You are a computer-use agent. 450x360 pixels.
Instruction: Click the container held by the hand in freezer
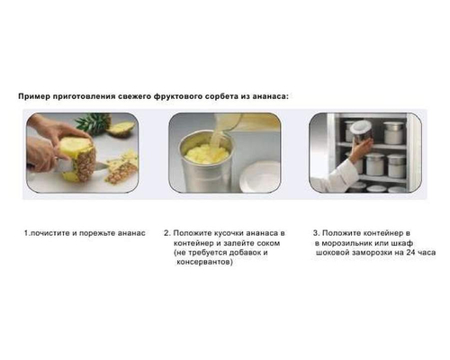(359, 131)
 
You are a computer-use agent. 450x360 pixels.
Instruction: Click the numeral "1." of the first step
(27, 233)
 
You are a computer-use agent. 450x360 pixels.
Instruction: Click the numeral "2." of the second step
(166, 233)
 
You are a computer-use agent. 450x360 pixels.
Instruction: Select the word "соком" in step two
(267, 243)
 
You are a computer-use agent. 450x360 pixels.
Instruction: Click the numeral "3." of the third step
(316, 233)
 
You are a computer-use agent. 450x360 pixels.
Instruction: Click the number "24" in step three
(402, 253)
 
